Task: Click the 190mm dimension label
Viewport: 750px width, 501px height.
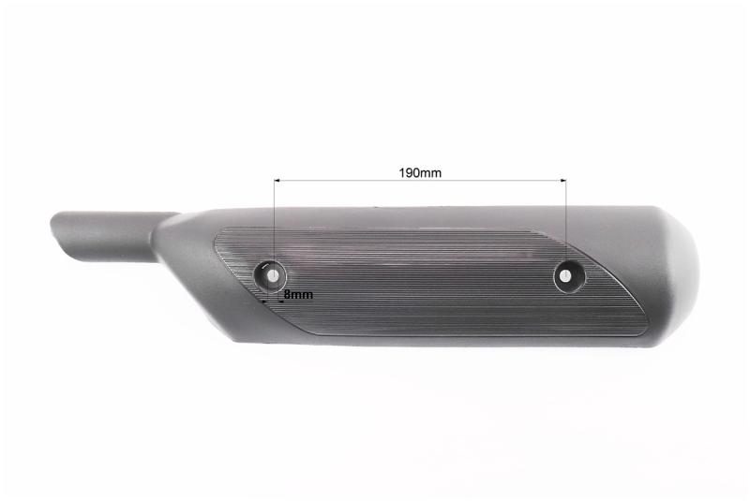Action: (420, 172)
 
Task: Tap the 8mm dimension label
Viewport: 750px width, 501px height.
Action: (298, 295)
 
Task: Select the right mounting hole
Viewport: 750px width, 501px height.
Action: (569, 276)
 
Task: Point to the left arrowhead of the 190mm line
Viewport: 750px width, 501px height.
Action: (277, 181)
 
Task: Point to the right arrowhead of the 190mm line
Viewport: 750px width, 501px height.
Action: (563, 181)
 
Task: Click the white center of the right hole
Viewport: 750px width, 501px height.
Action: (565, 275)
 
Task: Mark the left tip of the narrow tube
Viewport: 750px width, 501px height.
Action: (52, 224)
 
